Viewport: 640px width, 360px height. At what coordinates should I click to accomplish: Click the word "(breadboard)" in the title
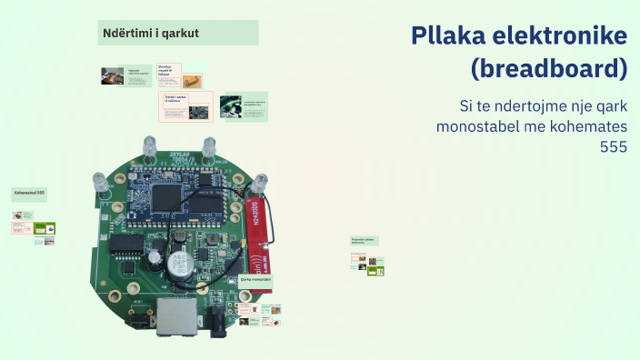point(549,68)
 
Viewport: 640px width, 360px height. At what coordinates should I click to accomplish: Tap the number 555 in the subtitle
point(614,145)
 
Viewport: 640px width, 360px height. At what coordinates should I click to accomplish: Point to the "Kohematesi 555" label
point(29,194)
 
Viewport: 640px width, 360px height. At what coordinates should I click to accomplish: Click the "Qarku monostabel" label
point(255,279)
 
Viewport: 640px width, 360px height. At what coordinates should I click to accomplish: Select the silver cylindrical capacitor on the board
point(176,265)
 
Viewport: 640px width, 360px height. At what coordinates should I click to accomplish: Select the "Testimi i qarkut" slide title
point(175,97)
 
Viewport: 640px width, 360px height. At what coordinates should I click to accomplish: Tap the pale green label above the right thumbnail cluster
point(365,241)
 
